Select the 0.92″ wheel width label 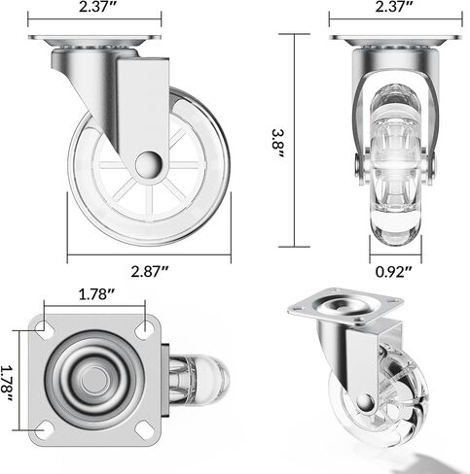point(396,275)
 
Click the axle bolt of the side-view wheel point(147,164)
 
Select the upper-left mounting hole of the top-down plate point(46,327)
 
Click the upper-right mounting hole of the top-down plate point(143,327)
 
